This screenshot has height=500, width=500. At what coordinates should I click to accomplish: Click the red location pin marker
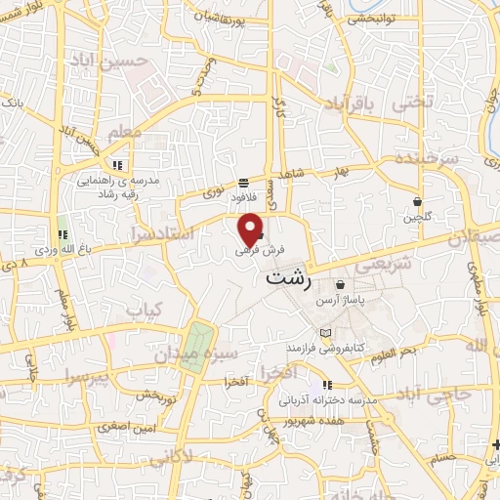pyautogui.click(x=251, y=229)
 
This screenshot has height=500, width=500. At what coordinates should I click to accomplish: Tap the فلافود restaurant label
pyautogui.click(x=229, y=196)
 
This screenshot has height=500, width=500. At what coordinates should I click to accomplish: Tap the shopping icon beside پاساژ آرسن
pyautogui.click(x=340, y=286)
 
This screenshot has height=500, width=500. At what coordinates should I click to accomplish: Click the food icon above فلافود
pyautogui.click(x=243, y=183)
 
